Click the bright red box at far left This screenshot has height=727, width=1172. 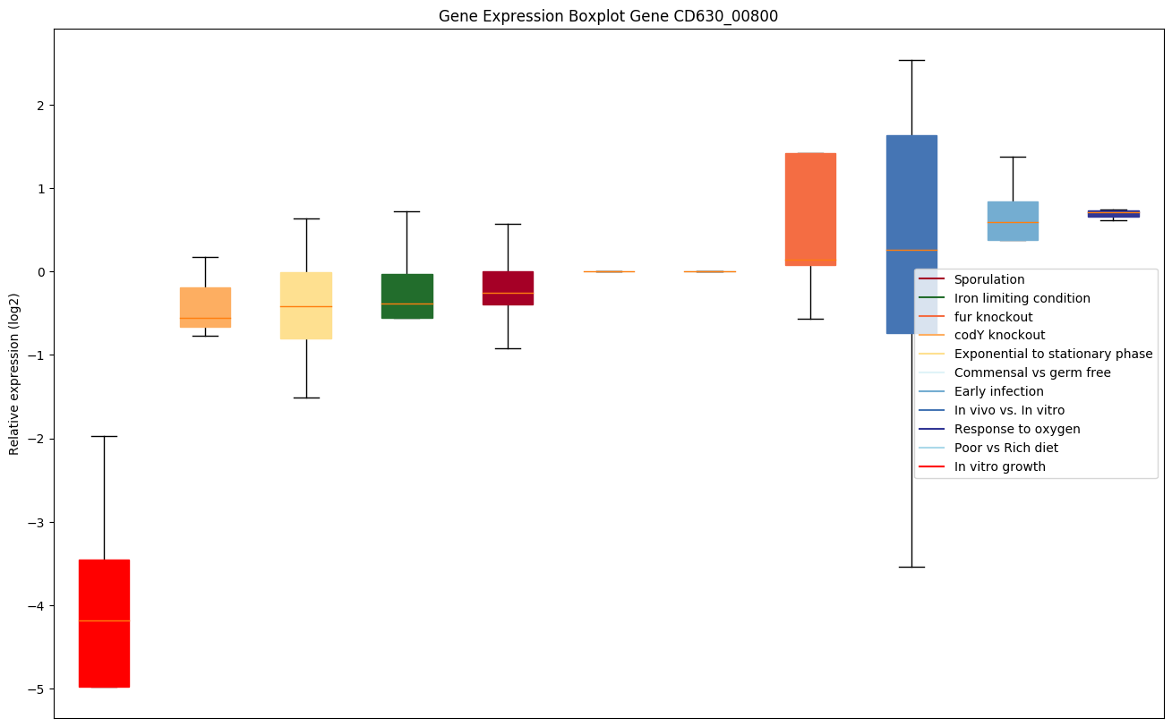click(104, 623)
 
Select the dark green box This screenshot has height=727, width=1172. click(407, 296)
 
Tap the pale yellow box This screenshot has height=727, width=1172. click(306, 305)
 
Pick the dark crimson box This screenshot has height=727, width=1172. click(508, 287)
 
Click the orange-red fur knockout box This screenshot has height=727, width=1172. click(810, 210)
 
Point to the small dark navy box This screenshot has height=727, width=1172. click(1113, 213)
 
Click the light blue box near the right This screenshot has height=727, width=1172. click(1013, 220)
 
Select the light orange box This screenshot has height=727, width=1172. click(205, 307)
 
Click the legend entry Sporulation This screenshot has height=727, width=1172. click(988, 280)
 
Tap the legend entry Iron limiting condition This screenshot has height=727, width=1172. click(1022, 298)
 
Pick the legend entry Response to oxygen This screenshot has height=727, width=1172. click(1016, 429)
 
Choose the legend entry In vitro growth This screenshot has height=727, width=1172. click(999, 466)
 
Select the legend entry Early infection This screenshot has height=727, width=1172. click(998, 391)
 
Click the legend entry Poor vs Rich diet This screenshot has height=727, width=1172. click(1005, 448)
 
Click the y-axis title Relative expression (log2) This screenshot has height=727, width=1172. click(14, 373)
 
